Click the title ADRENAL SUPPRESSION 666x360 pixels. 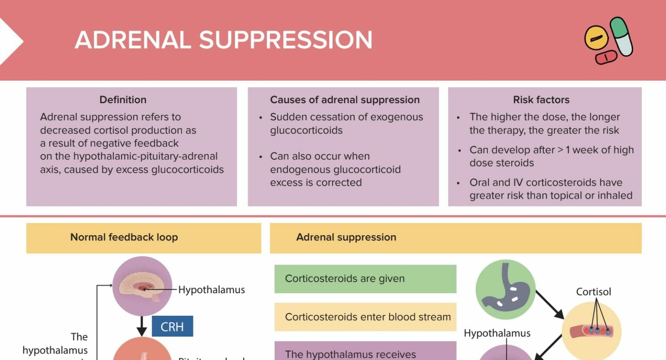pos(223,40)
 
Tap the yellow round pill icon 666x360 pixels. pos(596,37)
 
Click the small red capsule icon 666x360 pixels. pos(606,57)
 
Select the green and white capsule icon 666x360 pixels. pos(621,36)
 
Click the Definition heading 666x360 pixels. pos(123,100)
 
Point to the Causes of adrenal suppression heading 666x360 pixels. pos(345,100)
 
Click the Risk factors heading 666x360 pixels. pos(541,100)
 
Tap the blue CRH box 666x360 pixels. pos(172,327)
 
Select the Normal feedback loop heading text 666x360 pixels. pos(124,237)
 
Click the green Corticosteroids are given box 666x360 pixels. pos(365,279)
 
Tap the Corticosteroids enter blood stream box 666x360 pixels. pos(365,317)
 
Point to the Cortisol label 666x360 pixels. pos(593,292)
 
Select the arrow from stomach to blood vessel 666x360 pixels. pos(549,304)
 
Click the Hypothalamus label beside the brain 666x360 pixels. pos(212,290)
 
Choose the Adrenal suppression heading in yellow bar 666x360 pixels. pos(346,237)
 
